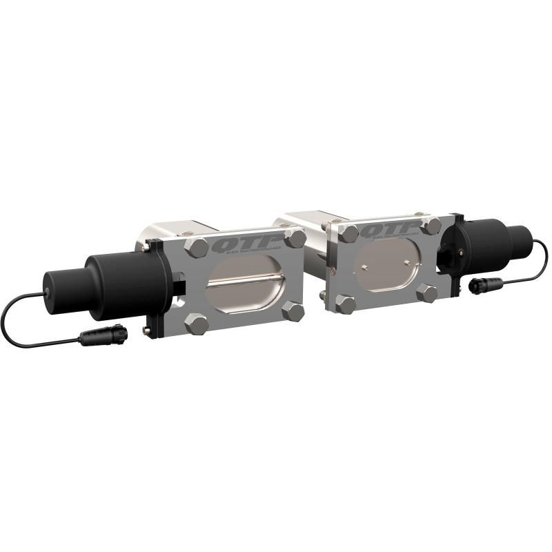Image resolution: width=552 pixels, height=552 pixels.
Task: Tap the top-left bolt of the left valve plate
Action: (x=197, y=247)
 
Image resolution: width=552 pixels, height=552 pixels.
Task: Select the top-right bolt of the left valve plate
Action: (x=296, y=238)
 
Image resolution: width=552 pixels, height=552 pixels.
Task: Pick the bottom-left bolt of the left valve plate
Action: (x=197, y=323)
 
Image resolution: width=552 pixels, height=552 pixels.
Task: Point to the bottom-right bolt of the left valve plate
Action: (x=294, y=311)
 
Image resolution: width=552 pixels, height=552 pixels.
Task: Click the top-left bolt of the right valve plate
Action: (x=349, y=233)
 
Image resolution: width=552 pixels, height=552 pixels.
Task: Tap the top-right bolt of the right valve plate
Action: (x=432, y=226)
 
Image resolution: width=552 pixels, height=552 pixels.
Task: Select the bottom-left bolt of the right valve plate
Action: (x=345, y=304)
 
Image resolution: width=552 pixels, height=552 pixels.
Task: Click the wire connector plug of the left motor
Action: (x=103, y=335)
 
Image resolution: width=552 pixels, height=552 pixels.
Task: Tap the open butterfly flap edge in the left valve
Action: (x=245, y=280)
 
